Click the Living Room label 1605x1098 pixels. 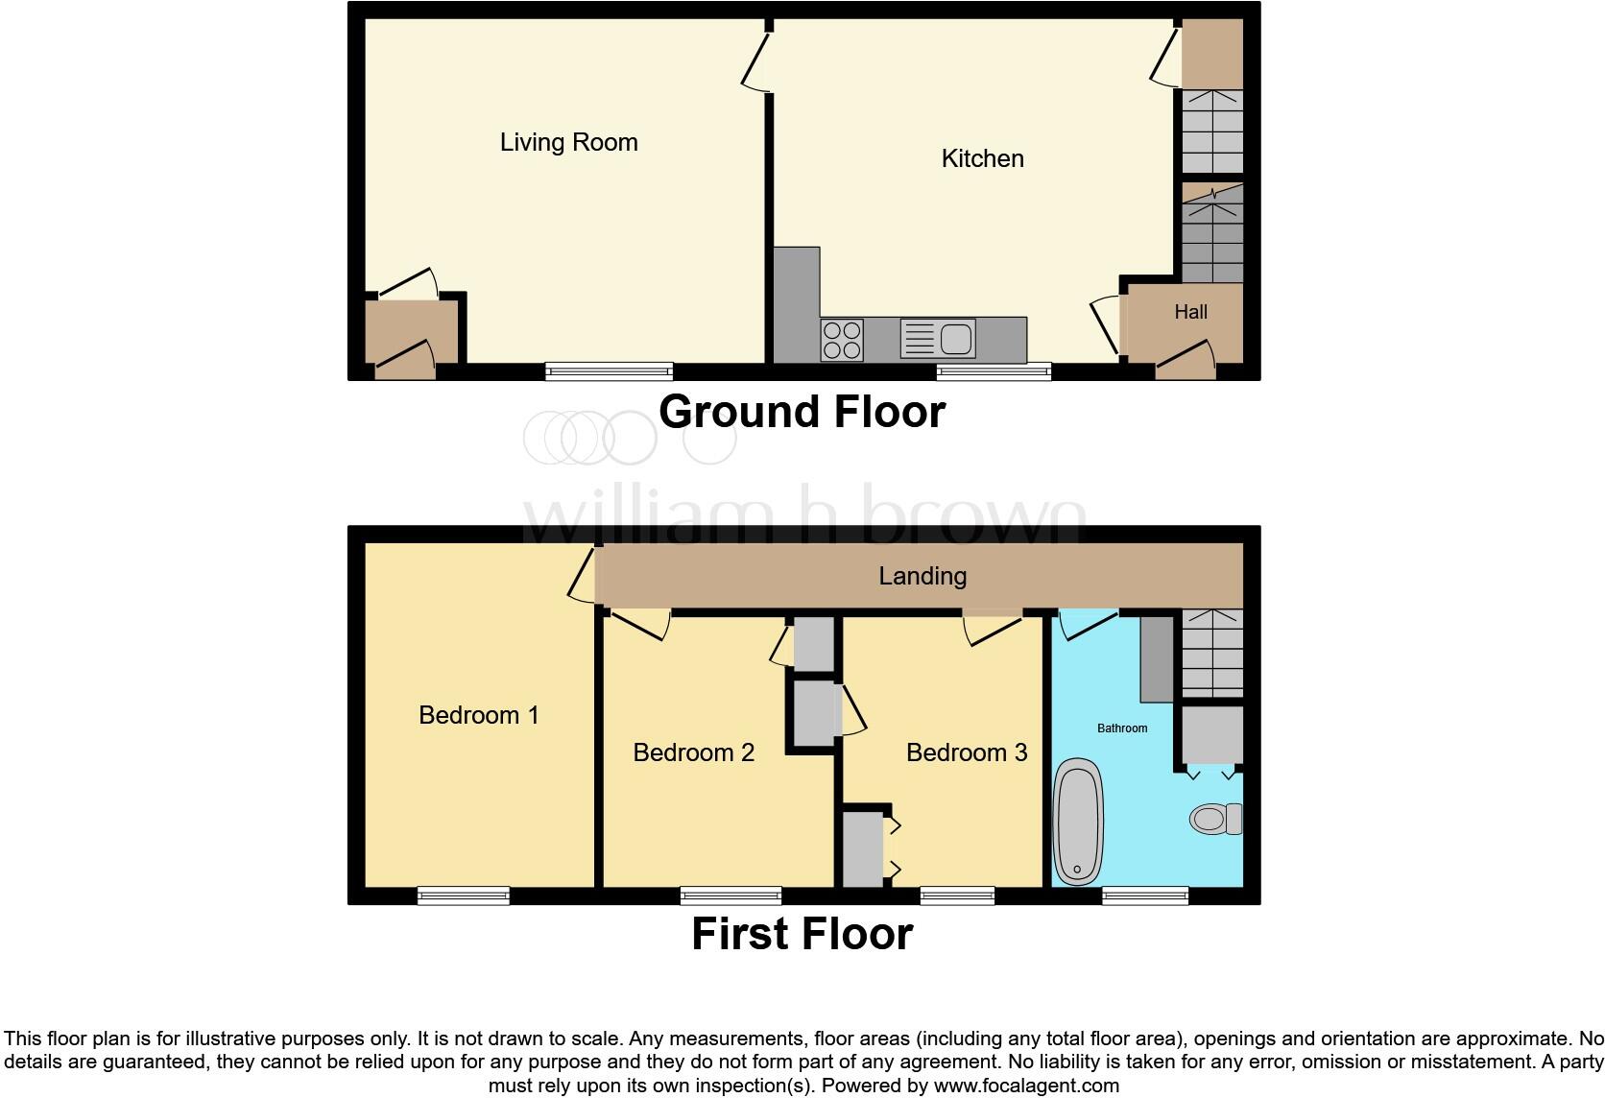[x=568, y=143]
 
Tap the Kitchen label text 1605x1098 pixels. [x=982, y=158]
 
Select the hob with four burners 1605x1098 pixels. [x=842, y=340]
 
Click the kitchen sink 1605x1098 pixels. [x=938, y=340]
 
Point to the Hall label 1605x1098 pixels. [x=1190, y=312]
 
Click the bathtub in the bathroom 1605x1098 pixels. [x=1078, y=822]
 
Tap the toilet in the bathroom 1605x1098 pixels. [x=1214, y=819]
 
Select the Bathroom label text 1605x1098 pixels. [x=1122, y=728]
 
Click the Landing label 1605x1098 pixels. [x=922, y=576]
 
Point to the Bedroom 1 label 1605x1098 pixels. [x=478, y=715]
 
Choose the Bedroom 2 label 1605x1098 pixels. [x=693, y=752]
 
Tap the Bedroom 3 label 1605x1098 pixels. [x=966, y=752]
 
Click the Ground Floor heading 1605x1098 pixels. [x=802, y=412]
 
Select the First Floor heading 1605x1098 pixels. [x=802, y=934]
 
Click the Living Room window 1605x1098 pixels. [x=609, y=371]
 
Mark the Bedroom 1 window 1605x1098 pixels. [x=463, y=895]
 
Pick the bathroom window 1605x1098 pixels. [x=1145, y=895]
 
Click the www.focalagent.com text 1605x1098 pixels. [x=1026, y=1086]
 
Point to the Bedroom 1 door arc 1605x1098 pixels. [x=581, y=579]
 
